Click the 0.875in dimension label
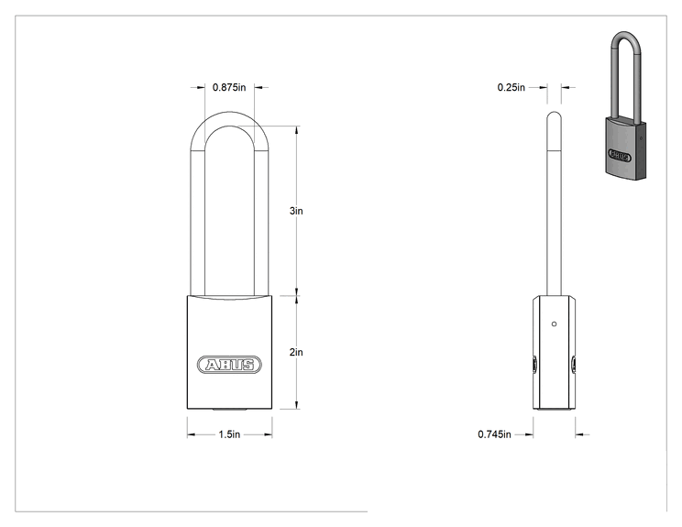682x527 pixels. (x=229, y=87)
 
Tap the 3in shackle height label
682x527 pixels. (x=296, y=211)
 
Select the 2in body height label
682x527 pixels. (x=296, y=352)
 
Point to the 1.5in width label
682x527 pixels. (x=229, y=434)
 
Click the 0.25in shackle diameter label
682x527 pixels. (x=511, y=87)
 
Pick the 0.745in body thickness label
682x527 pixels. (x=494, y=434)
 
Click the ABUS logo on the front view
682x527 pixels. (x=229, y=365)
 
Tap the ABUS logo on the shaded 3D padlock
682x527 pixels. (x=620, y=155)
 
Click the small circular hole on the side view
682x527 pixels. (x=554, y=324)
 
